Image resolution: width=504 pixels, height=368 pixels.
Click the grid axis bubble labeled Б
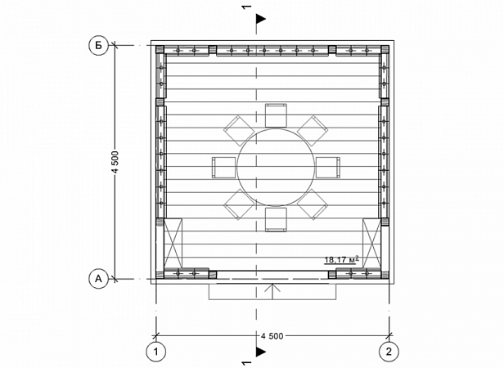point(98,45)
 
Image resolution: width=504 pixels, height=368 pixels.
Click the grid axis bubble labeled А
point(98,279)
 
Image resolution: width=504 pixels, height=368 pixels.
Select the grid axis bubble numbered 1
point(156,352)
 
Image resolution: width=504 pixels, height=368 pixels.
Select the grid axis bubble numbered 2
point(389,352)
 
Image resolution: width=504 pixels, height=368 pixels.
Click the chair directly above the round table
point(276,115)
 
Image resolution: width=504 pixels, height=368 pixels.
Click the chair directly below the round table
point(276,219)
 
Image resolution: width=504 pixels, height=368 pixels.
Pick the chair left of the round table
point(223,167)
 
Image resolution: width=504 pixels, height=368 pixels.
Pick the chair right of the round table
point(328,167)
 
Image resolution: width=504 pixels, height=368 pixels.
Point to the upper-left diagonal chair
point(239,131)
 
